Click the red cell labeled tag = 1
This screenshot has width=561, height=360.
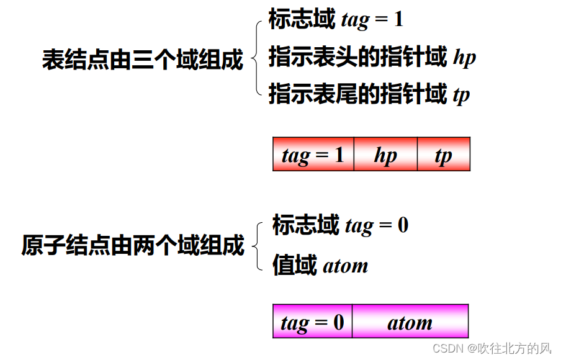(x=313, y=155)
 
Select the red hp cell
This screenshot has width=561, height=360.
(x=385, y=155)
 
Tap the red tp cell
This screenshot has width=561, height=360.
(x=443, y=155)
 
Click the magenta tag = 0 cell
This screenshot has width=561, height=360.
(x=312, y=322)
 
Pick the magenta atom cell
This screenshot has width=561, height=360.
(x=410, y=322)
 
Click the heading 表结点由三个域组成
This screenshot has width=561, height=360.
(x=143, y=60)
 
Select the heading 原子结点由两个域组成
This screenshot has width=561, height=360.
(x=133, y=245)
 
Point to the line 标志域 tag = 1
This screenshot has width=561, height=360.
(x=336, y=20)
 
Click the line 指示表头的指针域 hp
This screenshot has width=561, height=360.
(x=372, y=58)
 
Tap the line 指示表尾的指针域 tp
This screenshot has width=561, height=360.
(x=369, y=95)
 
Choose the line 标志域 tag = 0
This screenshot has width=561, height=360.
(x=340, y=225)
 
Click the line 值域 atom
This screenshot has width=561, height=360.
(x=320, y=266)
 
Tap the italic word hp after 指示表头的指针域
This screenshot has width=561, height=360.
(x=464, y=58)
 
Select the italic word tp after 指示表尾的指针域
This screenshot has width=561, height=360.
(x=460, y=96)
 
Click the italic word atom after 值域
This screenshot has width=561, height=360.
(x=346, y=266)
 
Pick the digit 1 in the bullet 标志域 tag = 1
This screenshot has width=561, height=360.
(x=398, y=19)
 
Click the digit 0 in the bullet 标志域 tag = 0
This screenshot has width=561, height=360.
(x=403, y=225)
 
